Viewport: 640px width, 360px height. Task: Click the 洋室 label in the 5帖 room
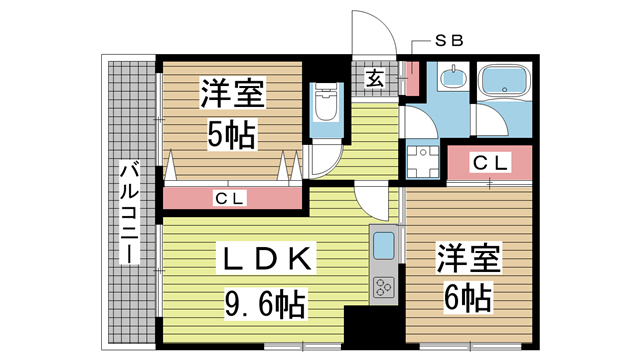pyautogui.click(x=231, y=95)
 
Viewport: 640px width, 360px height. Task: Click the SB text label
pyautogui.click(x=446, y=41)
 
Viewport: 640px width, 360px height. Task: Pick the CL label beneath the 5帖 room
pyautogui.click(x=231, y=198)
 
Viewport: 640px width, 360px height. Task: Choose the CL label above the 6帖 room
pyautogui.click(x=488, y=160)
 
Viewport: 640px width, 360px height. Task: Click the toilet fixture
pyautogui.click(x=325, y=104)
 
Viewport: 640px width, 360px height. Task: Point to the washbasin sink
pyautogui.click(x=453, y=79)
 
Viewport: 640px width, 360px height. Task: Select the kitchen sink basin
pyautogui.click(x=384, y=243)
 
